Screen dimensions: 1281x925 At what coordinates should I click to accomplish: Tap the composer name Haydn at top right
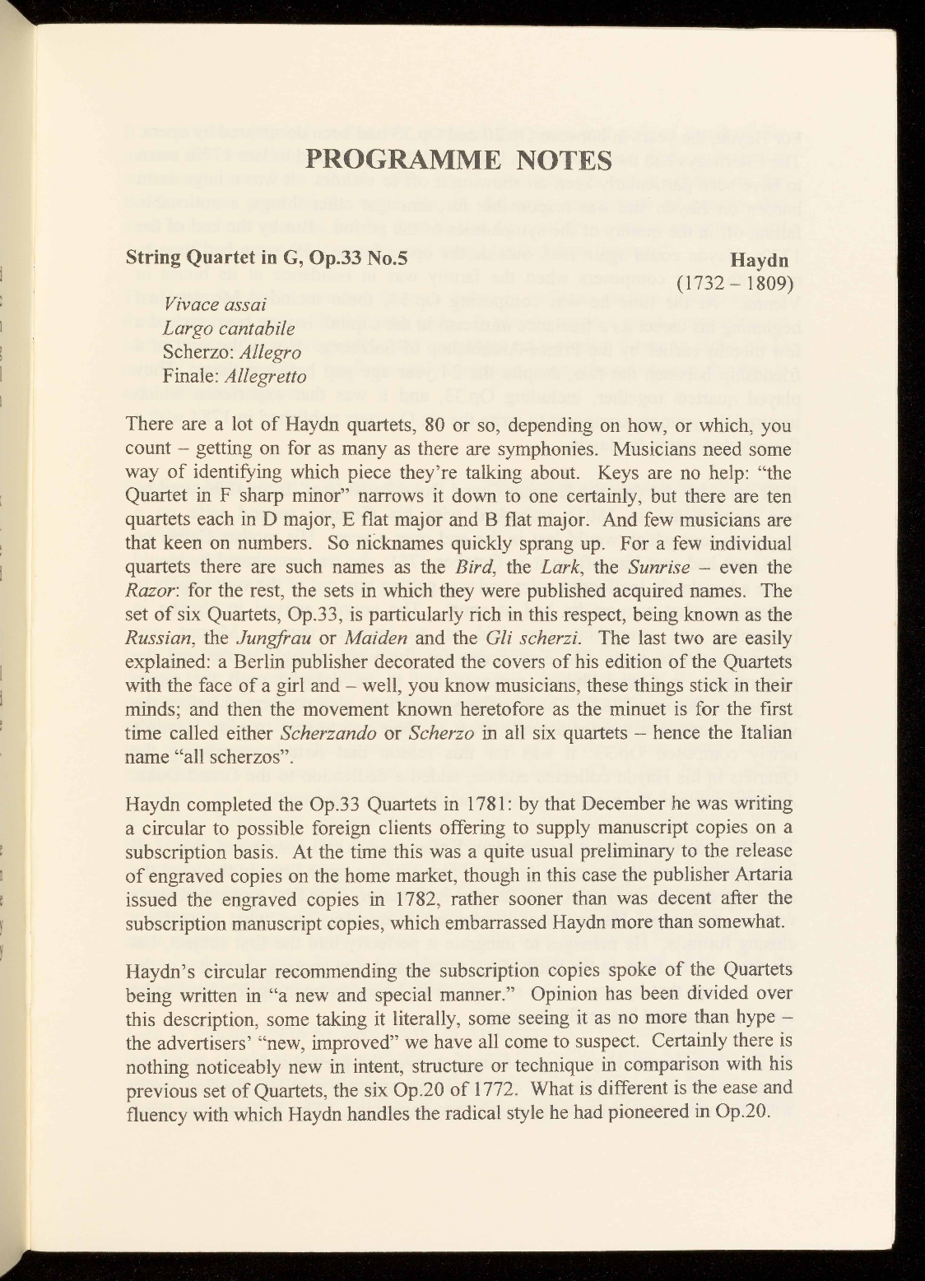[x=760, y=261]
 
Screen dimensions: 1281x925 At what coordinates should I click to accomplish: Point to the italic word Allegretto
[x=266, y=378]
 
